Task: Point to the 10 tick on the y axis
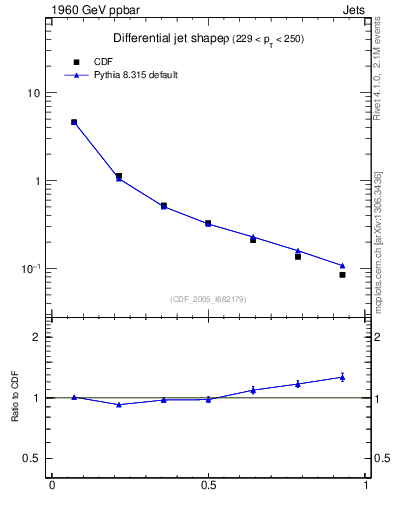pyautogui.click(x=34, y=93)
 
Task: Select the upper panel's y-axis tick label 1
pyautogui.click(x=37, y=181)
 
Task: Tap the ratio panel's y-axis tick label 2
pyautogui.click(x=36, y=337)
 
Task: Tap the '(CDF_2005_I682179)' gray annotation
pyautogui.click(x=208, y=297)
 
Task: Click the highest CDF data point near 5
pyautogui.click(x=74, y=122)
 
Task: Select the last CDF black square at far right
pyautogui.click(x=342, y=274)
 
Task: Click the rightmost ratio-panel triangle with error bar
pyautogui.click(x=342, y=377)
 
